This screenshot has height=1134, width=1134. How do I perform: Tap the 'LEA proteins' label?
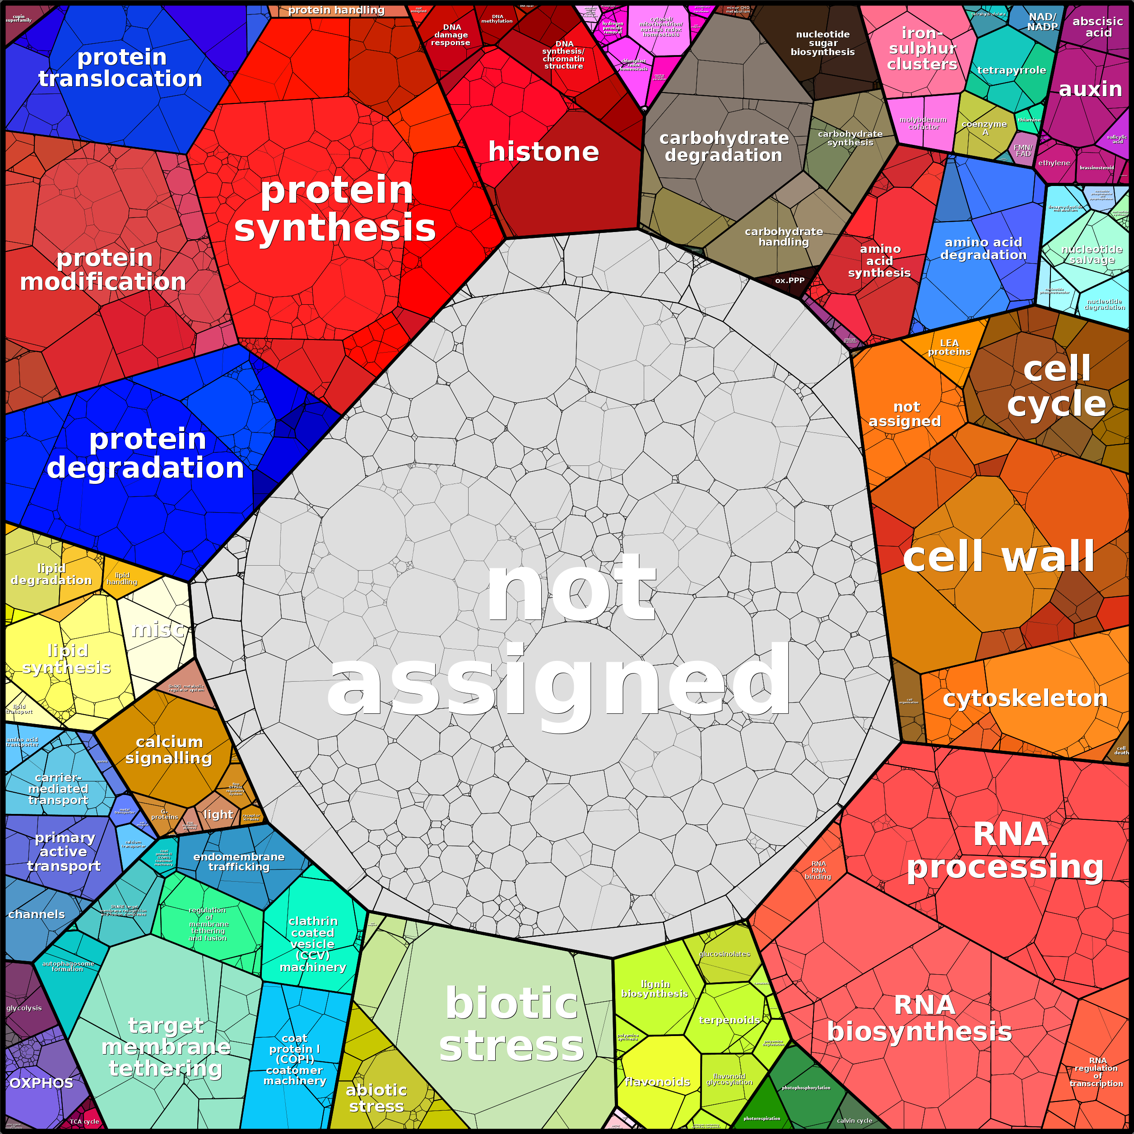949,348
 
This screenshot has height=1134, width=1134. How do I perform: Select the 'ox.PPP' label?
790,280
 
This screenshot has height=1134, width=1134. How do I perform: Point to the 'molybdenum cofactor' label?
923,123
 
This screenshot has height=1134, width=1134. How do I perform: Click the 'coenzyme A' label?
984,128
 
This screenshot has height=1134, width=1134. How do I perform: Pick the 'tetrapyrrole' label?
1011,70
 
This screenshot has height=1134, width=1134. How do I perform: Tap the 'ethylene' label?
1054,163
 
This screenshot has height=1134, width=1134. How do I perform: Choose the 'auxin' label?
1090,89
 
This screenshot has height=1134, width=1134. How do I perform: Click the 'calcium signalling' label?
168,750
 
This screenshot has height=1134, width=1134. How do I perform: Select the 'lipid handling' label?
121,579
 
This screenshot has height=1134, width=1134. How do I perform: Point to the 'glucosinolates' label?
724,954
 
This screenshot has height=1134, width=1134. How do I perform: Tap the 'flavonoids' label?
657,1082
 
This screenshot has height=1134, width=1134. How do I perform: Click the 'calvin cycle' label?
854,1120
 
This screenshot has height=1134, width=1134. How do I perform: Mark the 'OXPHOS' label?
41,1083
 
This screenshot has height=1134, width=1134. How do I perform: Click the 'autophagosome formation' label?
68,966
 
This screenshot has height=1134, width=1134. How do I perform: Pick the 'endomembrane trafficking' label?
239,862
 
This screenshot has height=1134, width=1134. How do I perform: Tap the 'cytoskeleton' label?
1025,698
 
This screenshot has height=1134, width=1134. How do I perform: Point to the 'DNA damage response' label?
451,35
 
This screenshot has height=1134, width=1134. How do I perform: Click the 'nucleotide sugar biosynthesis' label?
823,43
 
